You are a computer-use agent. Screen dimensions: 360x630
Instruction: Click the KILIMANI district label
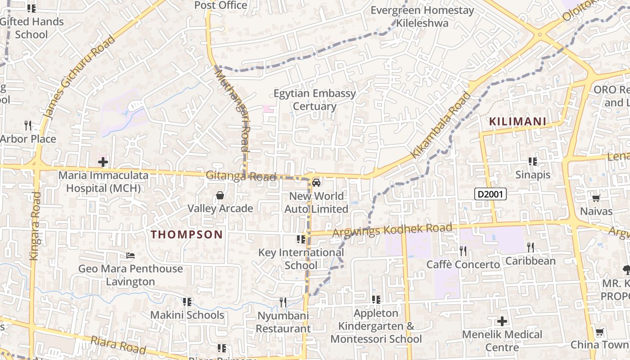(x=517, y=121)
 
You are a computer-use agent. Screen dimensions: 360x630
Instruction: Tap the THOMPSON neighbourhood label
(x=187, y=234)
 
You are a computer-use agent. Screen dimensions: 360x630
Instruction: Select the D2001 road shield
(x=490, y=194)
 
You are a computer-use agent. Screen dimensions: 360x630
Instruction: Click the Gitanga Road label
(x=241, y=176)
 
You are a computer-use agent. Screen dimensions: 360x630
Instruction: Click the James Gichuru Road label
(x=81, y=77)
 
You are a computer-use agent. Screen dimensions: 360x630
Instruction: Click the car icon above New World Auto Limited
(x=316, y=183)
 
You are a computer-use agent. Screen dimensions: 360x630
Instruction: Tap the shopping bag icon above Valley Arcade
(x=220, y=195)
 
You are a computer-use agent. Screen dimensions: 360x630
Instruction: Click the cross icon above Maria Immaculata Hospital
(x=103, y=162)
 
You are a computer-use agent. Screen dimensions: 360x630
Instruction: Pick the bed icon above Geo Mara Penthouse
(x=130, y=256)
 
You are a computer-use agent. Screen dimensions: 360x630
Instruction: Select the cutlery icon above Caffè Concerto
(x=463, y=251)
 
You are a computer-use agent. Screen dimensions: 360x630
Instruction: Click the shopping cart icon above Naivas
(x=596, y=198)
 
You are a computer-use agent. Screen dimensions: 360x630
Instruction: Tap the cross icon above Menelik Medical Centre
(x=502, y=321)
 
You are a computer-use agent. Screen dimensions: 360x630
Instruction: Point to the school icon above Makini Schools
(x=187, y=301)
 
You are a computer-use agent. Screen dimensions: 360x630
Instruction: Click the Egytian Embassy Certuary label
(x=315, y=100)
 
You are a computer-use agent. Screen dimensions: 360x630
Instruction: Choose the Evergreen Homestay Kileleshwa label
(x=422, y=17)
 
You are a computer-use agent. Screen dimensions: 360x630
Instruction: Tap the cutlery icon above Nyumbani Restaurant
(x=283, y=302)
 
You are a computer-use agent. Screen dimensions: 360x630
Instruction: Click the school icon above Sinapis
(x=533, y=162)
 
